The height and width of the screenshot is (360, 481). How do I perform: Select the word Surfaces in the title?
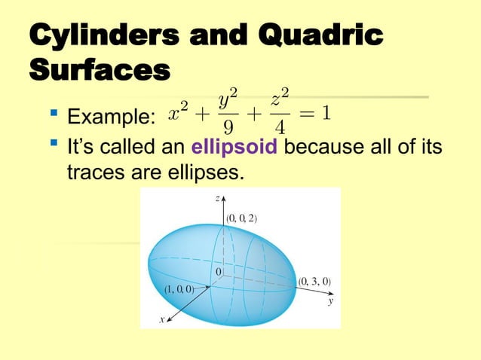98,72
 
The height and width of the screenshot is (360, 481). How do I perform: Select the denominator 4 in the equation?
279,126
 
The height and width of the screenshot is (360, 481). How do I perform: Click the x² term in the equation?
179,114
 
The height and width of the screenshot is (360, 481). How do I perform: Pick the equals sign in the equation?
306,114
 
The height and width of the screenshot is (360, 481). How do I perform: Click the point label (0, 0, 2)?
242,218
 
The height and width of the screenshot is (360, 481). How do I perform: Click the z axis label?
216,198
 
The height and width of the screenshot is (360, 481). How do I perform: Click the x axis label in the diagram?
161,319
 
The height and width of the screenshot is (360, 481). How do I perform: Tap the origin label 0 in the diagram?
219,270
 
